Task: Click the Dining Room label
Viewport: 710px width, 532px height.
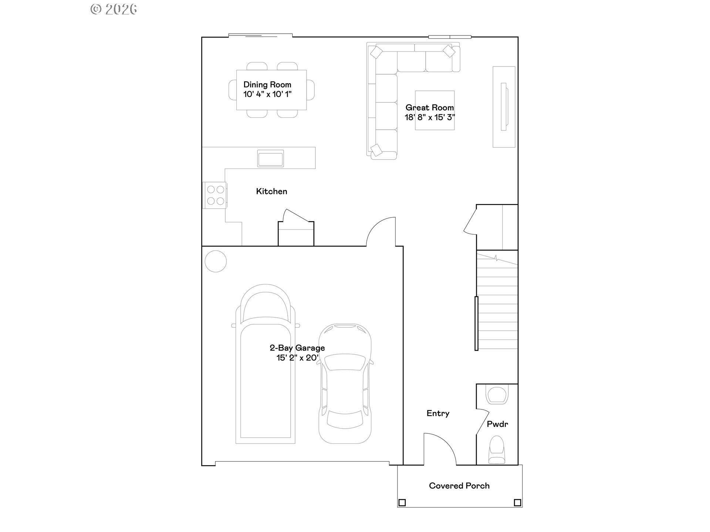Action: pyautogui.click(x=267, y=85)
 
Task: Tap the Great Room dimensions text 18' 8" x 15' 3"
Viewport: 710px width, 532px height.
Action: pyautogui.click(x=429, y=117)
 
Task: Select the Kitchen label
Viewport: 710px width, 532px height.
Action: pyautogui.click(x=271, y=191)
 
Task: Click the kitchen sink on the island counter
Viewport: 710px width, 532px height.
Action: pyautogui.click(x=270, y=158)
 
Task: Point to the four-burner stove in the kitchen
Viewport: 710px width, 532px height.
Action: pyautogui.click(x=216, y=195)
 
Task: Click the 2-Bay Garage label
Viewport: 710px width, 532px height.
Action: pyautogui.click(x=297, y=348)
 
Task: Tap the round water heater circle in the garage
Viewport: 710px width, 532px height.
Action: pyautogui.click(x=216, y=261)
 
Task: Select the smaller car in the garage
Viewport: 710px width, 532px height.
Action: pyautogui.click(x=345, y=384)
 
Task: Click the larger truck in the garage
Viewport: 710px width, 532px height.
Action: pyautogui.click(x=266, y=366)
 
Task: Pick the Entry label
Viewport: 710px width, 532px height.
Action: pyautogui.click(x=438, y=413)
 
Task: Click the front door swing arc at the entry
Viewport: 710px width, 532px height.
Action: pyautogui.click(x=444, y=445)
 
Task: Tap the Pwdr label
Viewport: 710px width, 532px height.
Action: pyautogui.click(x=497, y=424)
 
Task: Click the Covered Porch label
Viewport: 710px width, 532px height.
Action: pyautogui.click(x=459, y=486)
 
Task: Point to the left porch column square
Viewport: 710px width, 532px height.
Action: pyautogui.click(x=402, y=502)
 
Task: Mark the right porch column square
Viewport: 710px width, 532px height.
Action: pyautogui.click(x=517, y=502)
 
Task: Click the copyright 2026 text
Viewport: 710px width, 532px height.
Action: pyautogui.click(x=114, y=9)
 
